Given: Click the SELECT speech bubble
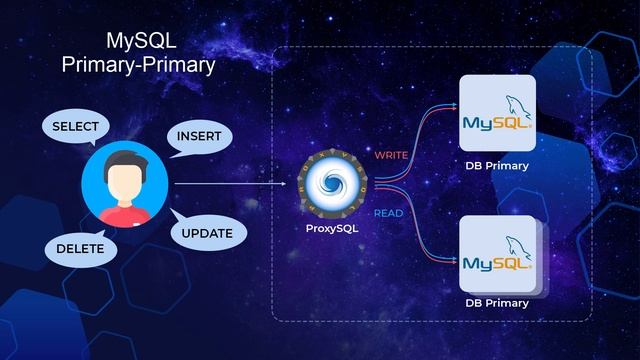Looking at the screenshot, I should click(x=74, y=127).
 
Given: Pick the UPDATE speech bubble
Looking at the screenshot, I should click(x=207, y=234).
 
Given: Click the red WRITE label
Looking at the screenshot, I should click(x=391, y=156).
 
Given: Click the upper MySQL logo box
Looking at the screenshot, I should click(x=497, y=113).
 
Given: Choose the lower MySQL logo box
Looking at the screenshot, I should click(x=497, y=254).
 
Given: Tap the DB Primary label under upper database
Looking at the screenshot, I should click(x=497, y=166).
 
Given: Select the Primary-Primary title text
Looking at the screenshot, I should click(x=138, y=65).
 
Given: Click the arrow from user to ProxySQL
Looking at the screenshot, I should click(x=230, y=185).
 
